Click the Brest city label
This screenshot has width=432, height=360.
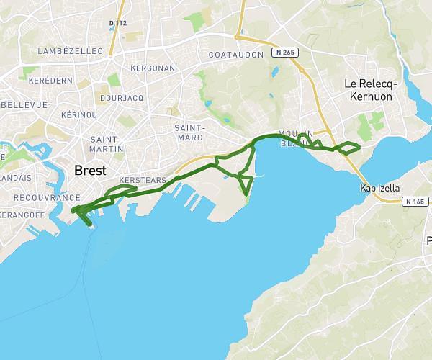(90, 171)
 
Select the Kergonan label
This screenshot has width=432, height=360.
(153, 67)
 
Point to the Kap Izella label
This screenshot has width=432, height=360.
(379, 188)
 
